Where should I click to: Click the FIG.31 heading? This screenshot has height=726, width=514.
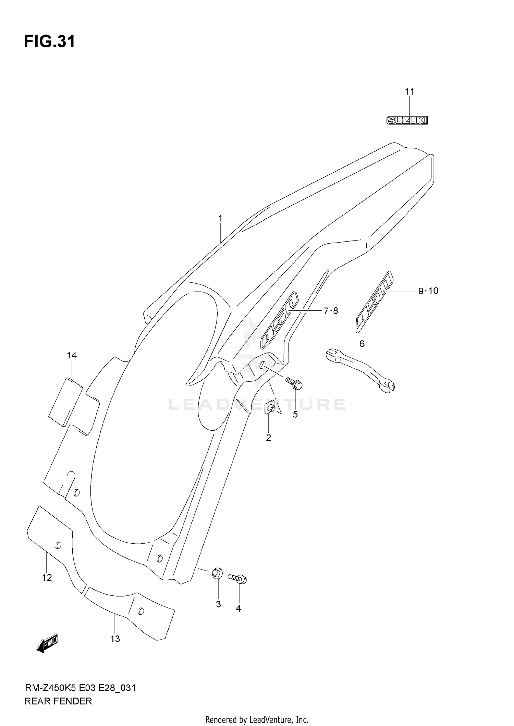pyautogui.click(x=49, y=42)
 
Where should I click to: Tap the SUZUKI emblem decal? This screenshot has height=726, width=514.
pyautogui.click(x=407, y=120)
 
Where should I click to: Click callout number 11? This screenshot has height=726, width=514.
pyautogui.click(x=409, y=91)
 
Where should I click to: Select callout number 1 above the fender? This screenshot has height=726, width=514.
pyautogui.click(x=220, y=218)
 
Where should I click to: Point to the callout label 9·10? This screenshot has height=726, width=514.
pyautogui.click(x=428, y=291)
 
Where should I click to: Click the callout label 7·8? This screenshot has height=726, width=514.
pyautogui.click(x=330, y=311)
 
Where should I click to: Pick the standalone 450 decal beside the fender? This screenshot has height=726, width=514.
pyautogui.click(x=374, y=302)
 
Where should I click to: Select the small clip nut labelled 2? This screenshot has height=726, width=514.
pyautogui.click(x=270, y=408)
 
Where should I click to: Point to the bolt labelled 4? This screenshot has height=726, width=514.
pyautogui.click(x=238, y=579)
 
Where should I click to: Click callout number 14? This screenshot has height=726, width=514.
pyautogui.click(x=72, y=355)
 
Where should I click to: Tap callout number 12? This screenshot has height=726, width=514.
pyautogui.click(x=47, y=578)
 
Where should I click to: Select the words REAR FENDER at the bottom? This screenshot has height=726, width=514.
pyautogui.click(x=58, y=701)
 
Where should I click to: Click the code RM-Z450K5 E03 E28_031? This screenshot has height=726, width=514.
pyautogui.click(x=81, y=688)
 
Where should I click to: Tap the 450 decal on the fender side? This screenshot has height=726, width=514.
pyautogui.click(x=279, y=320)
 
